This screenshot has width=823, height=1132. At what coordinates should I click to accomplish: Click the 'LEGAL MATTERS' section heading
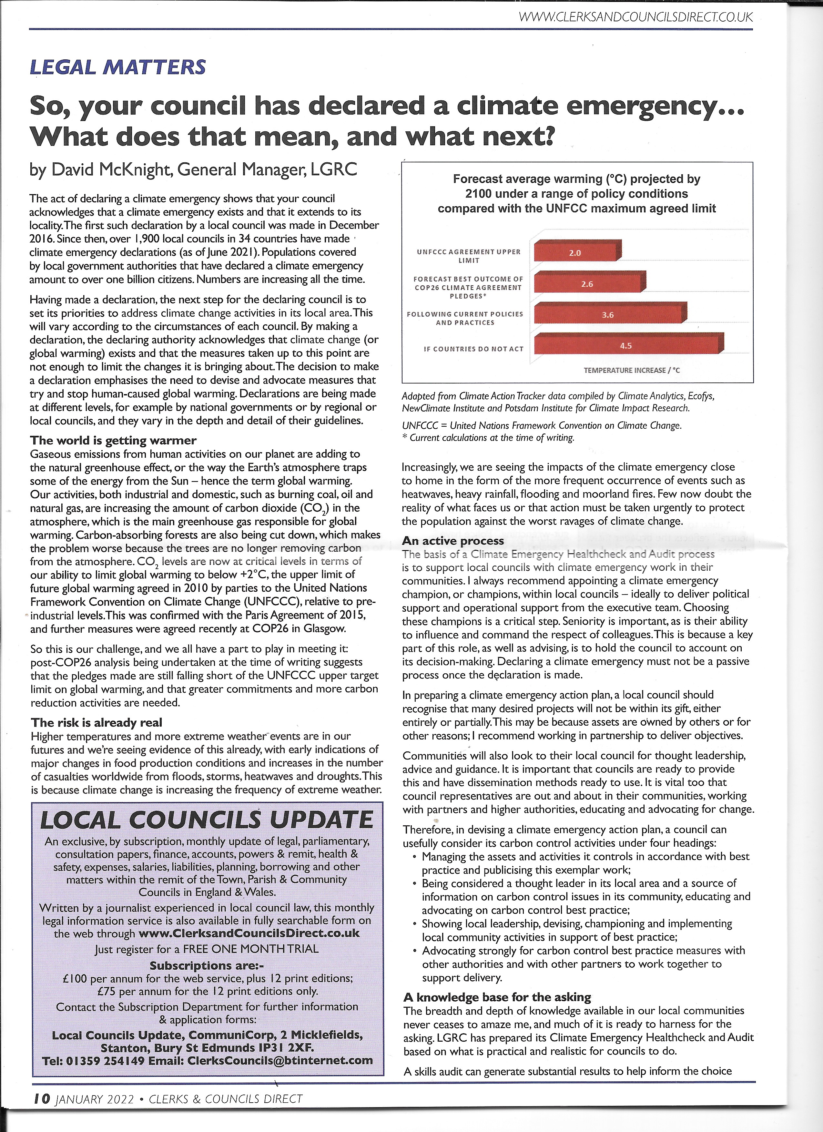click(x=118, y=67)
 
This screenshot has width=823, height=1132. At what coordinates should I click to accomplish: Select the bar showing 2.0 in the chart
click(x=576, y=251)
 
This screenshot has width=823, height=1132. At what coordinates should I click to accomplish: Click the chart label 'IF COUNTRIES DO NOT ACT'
click(x=473, y=349)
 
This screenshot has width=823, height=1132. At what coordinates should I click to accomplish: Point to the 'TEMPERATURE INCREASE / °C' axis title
click(x=631, y=370)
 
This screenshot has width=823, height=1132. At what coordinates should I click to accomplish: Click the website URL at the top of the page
click(x=635, y=17)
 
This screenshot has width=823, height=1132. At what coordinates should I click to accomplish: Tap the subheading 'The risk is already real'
click(x=96, y=722)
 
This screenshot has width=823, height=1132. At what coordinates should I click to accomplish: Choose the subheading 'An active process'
click(x=453, y=541)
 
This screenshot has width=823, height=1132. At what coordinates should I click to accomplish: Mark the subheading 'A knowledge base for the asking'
click(x=497, y=997)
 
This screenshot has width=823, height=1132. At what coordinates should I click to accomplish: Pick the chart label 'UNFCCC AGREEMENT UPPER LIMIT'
click(x=468, y=256)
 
